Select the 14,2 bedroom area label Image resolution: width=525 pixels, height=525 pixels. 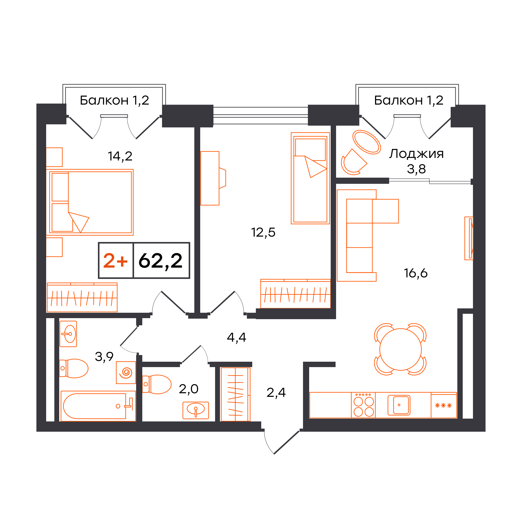[120, 156]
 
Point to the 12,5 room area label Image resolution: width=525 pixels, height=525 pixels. [263, 233]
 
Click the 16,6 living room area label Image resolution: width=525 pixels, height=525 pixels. [416, 273]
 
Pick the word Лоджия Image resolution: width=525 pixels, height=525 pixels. [416, 154]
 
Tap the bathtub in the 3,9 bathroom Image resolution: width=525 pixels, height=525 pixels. [98, 406]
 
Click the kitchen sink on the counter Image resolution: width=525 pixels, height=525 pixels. [399, 405]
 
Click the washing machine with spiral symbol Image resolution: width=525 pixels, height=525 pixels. [126, 372]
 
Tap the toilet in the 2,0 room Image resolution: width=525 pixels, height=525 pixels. [157, 384]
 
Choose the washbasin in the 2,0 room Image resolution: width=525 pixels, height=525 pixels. [196, 410]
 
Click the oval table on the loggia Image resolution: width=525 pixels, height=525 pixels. [367, 142]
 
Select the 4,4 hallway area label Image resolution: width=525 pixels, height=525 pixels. [236, 338]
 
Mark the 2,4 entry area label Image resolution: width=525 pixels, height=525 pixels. [276, 392]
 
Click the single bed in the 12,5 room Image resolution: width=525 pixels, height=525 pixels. [310, 178]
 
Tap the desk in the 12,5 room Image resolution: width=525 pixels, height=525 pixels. [210, 178]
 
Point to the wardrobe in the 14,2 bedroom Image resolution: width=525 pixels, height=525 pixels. [82, 297]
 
